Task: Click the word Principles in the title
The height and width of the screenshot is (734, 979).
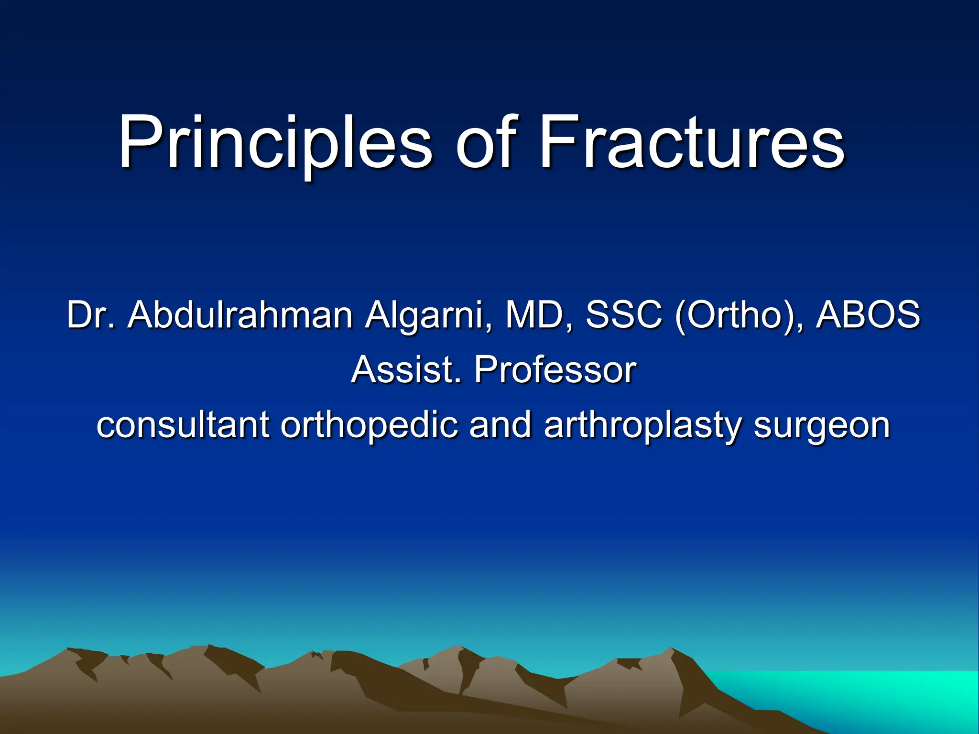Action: click(275, 143)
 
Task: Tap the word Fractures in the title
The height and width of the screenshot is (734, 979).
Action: click(692, 143)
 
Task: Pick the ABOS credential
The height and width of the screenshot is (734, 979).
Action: click(868, 315)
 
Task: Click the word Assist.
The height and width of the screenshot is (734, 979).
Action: click(406, 370)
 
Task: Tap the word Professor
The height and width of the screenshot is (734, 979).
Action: click(555, 370)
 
